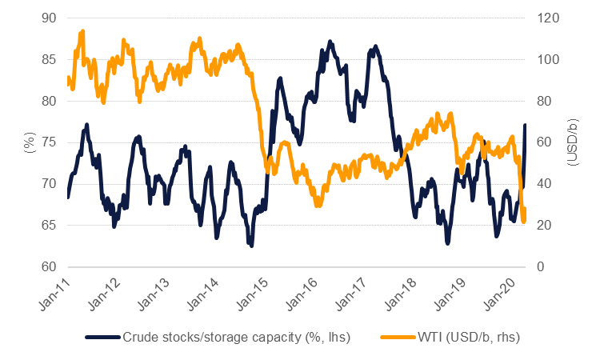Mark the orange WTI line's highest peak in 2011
coord(82,31)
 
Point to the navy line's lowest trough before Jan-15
coord(251,246)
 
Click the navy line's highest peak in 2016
coord(330,41)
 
